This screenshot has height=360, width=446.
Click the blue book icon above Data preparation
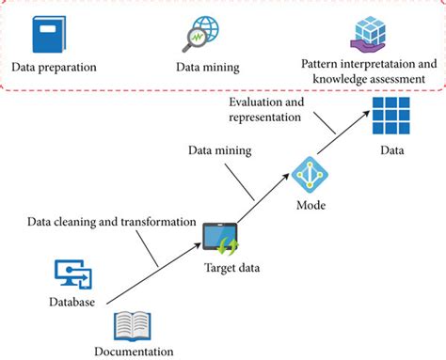pyautogui.click(x=46, y=35)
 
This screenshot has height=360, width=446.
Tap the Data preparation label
pyautogui.click(x=55, y=67)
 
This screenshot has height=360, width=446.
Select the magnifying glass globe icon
pyautogui.click(x=199, y=35)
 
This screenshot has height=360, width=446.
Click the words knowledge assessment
pyautogui.click(x=370, y=79)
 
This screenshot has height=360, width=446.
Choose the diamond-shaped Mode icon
pyautogui.click(x=309, y=175)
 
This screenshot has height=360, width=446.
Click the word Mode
pyautogui.click(x=310, y=204)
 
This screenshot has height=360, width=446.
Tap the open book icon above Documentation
pyautogui.click(x=132, y=325)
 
